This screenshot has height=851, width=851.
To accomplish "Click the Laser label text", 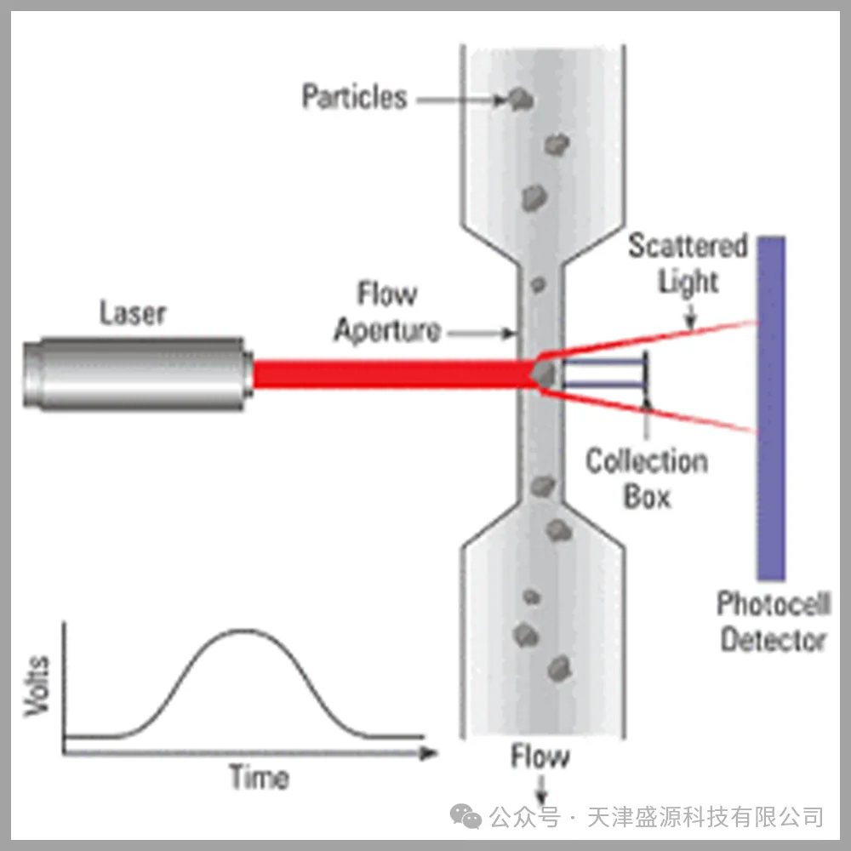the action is click(133, 313).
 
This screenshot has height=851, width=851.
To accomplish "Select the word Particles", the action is click(354, 97).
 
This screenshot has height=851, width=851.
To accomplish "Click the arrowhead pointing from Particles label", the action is click(500, 100).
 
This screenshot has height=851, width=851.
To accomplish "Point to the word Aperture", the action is click(387, 330).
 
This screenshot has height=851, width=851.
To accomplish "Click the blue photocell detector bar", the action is click(771, 408).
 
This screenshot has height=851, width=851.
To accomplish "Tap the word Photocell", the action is click(774, 603).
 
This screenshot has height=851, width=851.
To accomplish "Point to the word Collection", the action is click(647, 461).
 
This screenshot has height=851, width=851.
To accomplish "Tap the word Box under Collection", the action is click(647, 496).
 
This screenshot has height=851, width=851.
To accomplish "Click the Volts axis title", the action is click(37, 687).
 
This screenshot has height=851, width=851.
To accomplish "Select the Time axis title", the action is click(260, 777).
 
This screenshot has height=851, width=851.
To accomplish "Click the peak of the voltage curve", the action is click(243, 630).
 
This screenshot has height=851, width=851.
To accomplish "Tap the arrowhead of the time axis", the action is click(429, 753).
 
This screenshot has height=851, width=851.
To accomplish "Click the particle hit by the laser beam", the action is click(544, 374).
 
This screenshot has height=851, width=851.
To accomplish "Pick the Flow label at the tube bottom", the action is click(540, 757).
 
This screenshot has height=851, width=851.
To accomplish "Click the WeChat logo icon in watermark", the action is click(465, 816).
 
